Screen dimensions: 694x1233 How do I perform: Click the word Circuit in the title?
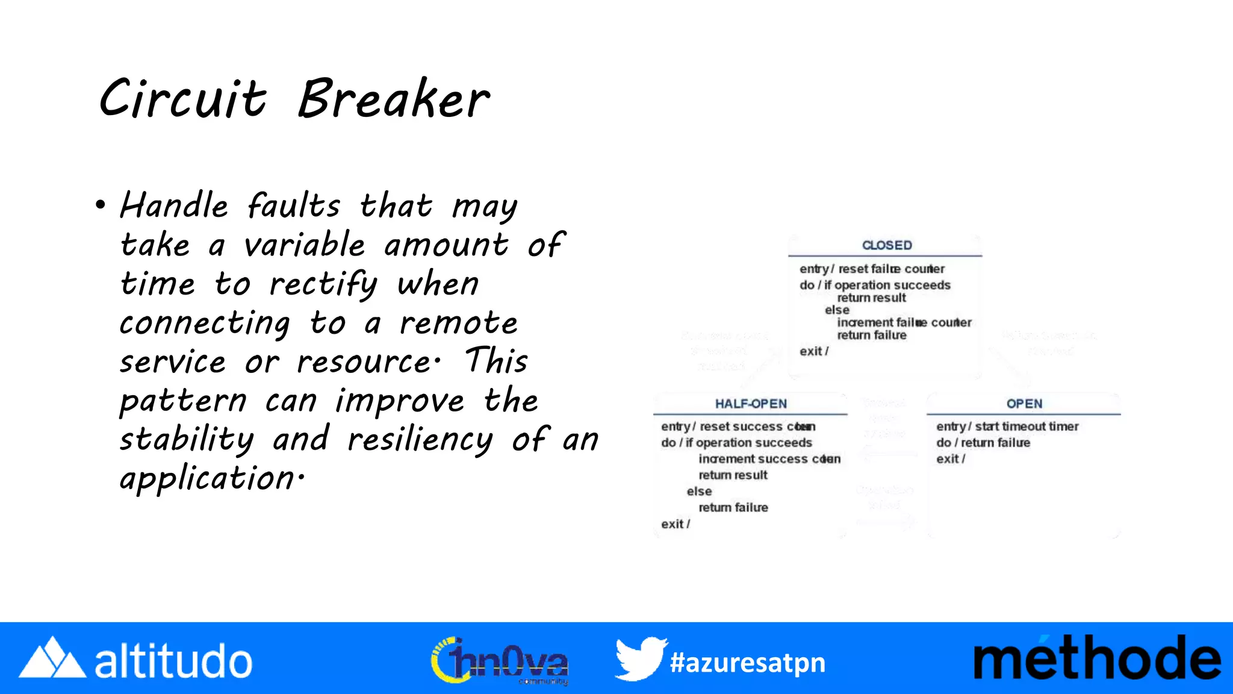182,99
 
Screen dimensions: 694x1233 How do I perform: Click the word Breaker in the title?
394,99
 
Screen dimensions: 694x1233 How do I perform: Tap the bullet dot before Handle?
100,205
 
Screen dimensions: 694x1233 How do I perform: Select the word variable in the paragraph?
304,245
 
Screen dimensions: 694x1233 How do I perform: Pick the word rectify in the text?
323,284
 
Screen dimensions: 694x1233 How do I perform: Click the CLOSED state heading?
887,245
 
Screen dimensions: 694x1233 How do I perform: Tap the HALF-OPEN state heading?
751,404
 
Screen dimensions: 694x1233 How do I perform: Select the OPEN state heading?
1024,404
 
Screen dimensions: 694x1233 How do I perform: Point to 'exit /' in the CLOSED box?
814,351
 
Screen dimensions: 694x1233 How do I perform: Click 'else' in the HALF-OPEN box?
699,492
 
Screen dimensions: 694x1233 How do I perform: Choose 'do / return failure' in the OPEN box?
983,443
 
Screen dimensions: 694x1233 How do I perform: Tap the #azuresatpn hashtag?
747,663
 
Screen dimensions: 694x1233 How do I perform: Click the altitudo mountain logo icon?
52,658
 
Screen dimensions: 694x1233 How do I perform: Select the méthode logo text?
1097,658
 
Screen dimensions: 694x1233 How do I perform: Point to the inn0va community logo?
500,660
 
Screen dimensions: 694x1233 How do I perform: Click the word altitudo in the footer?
173,661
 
